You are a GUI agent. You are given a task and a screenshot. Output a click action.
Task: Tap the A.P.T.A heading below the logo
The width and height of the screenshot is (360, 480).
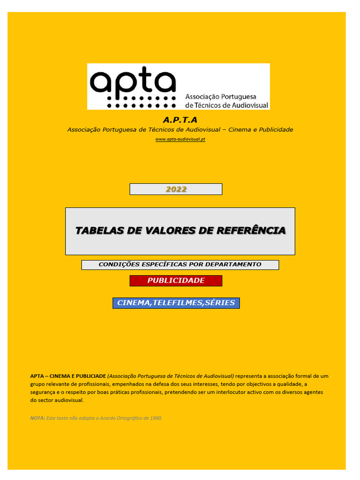[x=180, y=120]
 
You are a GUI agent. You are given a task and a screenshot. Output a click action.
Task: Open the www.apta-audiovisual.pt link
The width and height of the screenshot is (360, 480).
[x=180, y=140]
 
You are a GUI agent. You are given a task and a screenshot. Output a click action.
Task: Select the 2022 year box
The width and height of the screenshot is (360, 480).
[x=176, y=189]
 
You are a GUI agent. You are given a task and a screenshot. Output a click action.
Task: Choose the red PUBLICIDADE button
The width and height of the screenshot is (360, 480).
[x=176, y=281]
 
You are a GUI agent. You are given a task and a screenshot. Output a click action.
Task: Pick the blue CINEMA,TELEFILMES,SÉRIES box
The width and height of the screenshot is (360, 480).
[x=176, y=303]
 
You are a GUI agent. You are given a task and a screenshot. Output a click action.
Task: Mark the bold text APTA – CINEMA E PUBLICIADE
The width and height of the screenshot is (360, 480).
[x=68, y=376]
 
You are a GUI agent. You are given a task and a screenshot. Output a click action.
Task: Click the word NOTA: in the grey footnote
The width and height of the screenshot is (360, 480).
[x=37, y=418]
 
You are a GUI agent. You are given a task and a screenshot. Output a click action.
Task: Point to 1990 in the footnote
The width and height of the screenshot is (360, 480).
[x=157, y=418]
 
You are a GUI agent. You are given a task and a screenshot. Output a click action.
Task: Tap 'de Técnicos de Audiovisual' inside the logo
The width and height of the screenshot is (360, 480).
[x=227, y=105]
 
